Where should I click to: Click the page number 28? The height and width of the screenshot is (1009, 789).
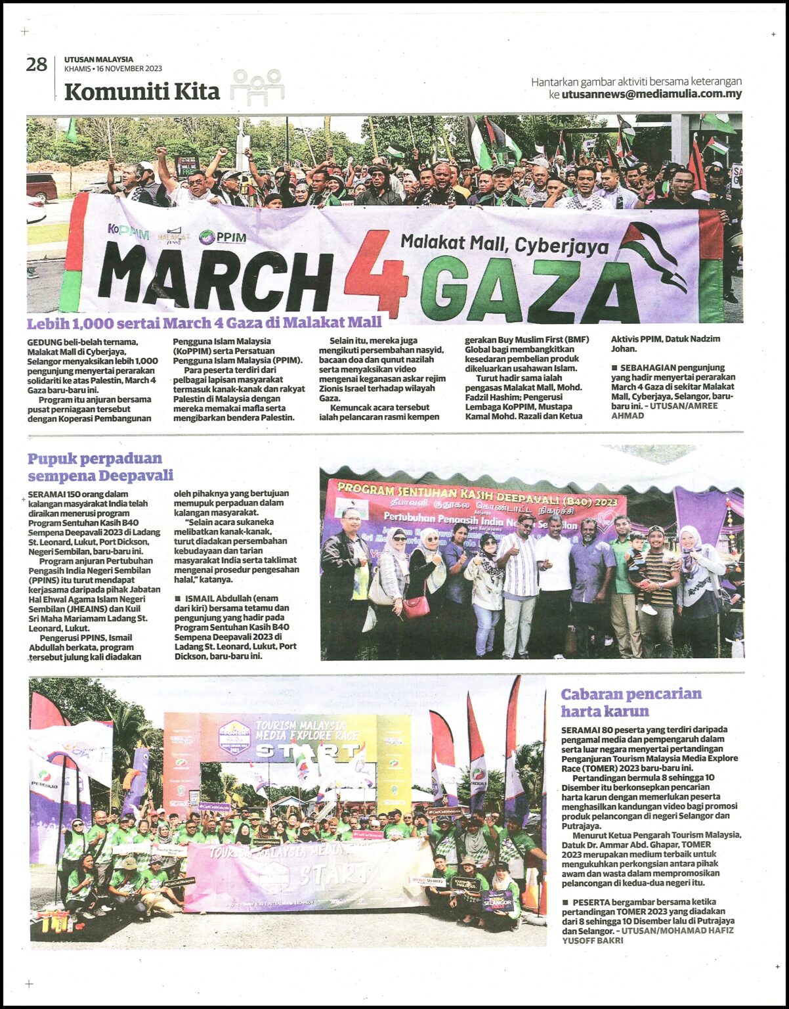[36, 65]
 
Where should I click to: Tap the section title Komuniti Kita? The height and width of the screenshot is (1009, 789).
[142, 91]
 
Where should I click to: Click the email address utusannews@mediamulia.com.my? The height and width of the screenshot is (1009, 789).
[651, 94]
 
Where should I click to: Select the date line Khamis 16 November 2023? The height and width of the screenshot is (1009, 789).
[113, 68]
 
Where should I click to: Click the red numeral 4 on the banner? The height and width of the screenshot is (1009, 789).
[376, 273]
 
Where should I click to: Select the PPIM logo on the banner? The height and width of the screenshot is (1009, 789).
[223, 237]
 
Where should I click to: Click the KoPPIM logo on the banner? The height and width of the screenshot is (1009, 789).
[128, 231]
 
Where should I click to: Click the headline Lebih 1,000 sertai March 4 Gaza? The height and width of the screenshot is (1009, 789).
[204, 323]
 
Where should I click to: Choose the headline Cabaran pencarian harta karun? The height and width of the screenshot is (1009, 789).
[630, 702]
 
